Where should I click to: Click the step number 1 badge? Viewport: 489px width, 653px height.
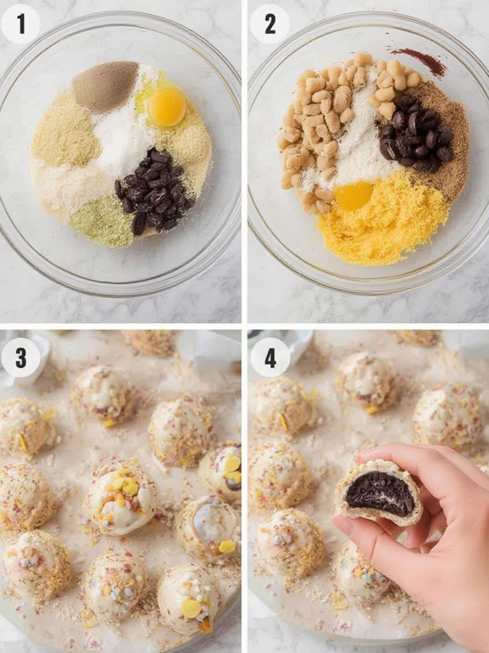(x=20, y=23)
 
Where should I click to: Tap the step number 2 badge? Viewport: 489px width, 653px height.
(x=270, y=23)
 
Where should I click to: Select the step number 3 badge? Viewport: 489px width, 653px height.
(x=20, y=357)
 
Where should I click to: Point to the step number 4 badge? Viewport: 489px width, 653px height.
(x=270, y=357)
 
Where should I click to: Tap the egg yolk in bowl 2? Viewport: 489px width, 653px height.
(x=353, y=194)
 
